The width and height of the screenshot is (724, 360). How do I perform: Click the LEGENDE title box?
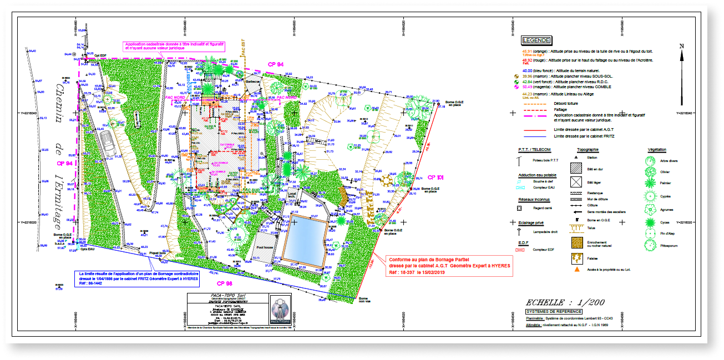pyautogui.click(x=536, y=40)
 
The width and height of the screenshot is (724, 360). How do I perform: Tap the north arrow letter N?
pyautogui.click(x=682, y=46)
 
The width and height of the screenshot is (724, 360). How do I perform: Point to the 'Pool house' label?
pyautogui.click(x=265, y=247)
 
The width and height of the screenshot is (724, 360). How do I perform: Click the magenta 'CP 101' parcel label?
pyautogui.click(x=436, y=178)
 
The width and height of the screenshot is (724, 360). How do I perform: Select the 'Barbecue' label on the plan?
pyautogui.click(x=253, y=82)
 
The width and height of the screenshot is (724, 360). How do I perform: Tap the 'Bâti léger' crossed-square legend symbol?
pyautogui.click(x=576, y=181)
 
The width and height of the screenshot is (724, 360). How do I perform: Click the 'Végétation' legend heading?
pyautogui.click(x=657, y=150)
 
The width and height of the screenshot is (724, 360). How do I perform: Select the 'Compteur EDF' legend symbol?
pyautogui.click(x=520, y=250)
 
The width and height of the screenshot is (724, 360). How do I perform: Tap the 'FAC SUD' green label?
pyautogui.click(x=253, y=190)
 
